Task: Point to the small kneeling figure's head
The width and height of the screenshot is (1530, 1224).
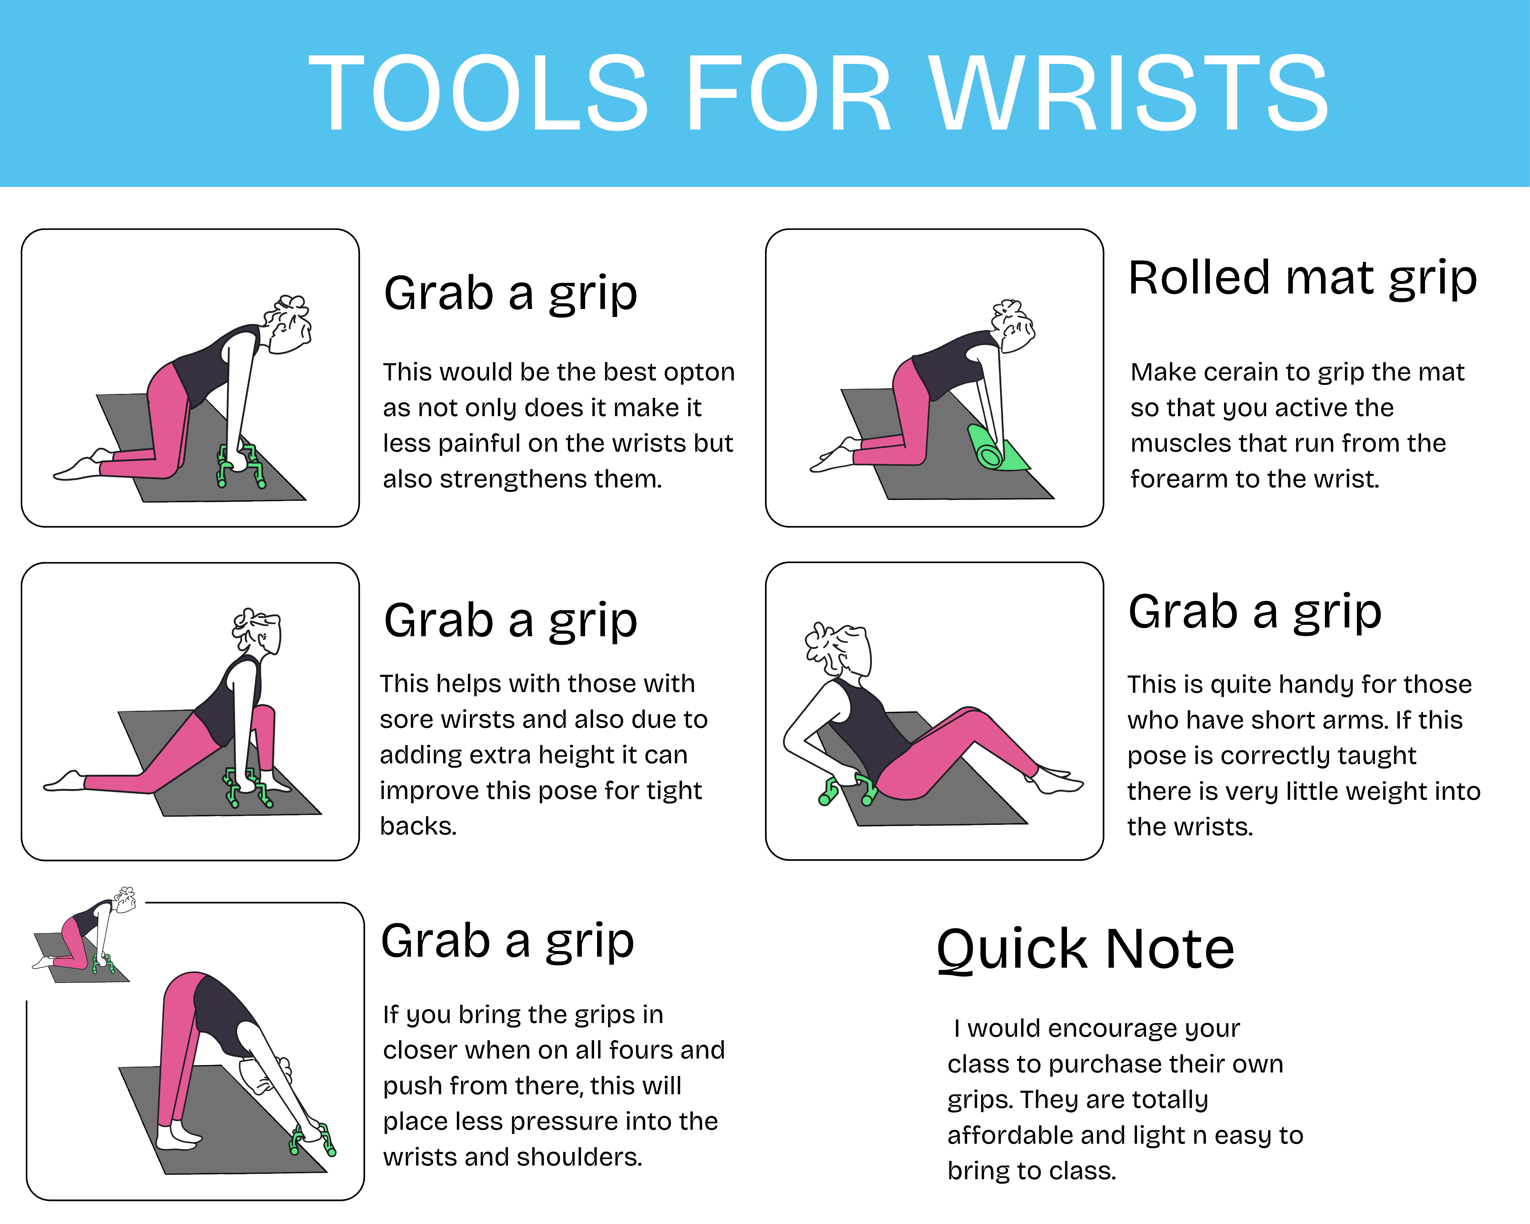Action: point(125,900)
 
